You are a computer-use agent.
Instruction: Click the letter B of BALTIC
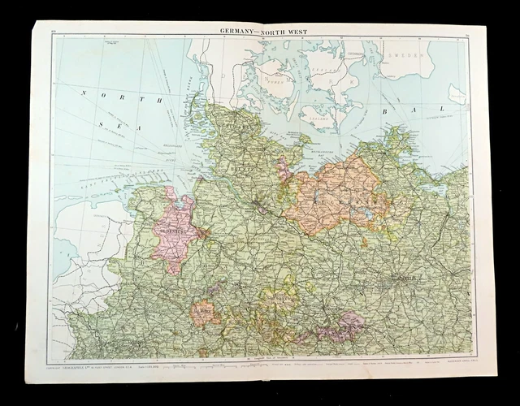tap(383, 110)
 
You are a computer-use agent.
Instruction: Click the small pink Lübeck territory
tap(284, 171)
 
